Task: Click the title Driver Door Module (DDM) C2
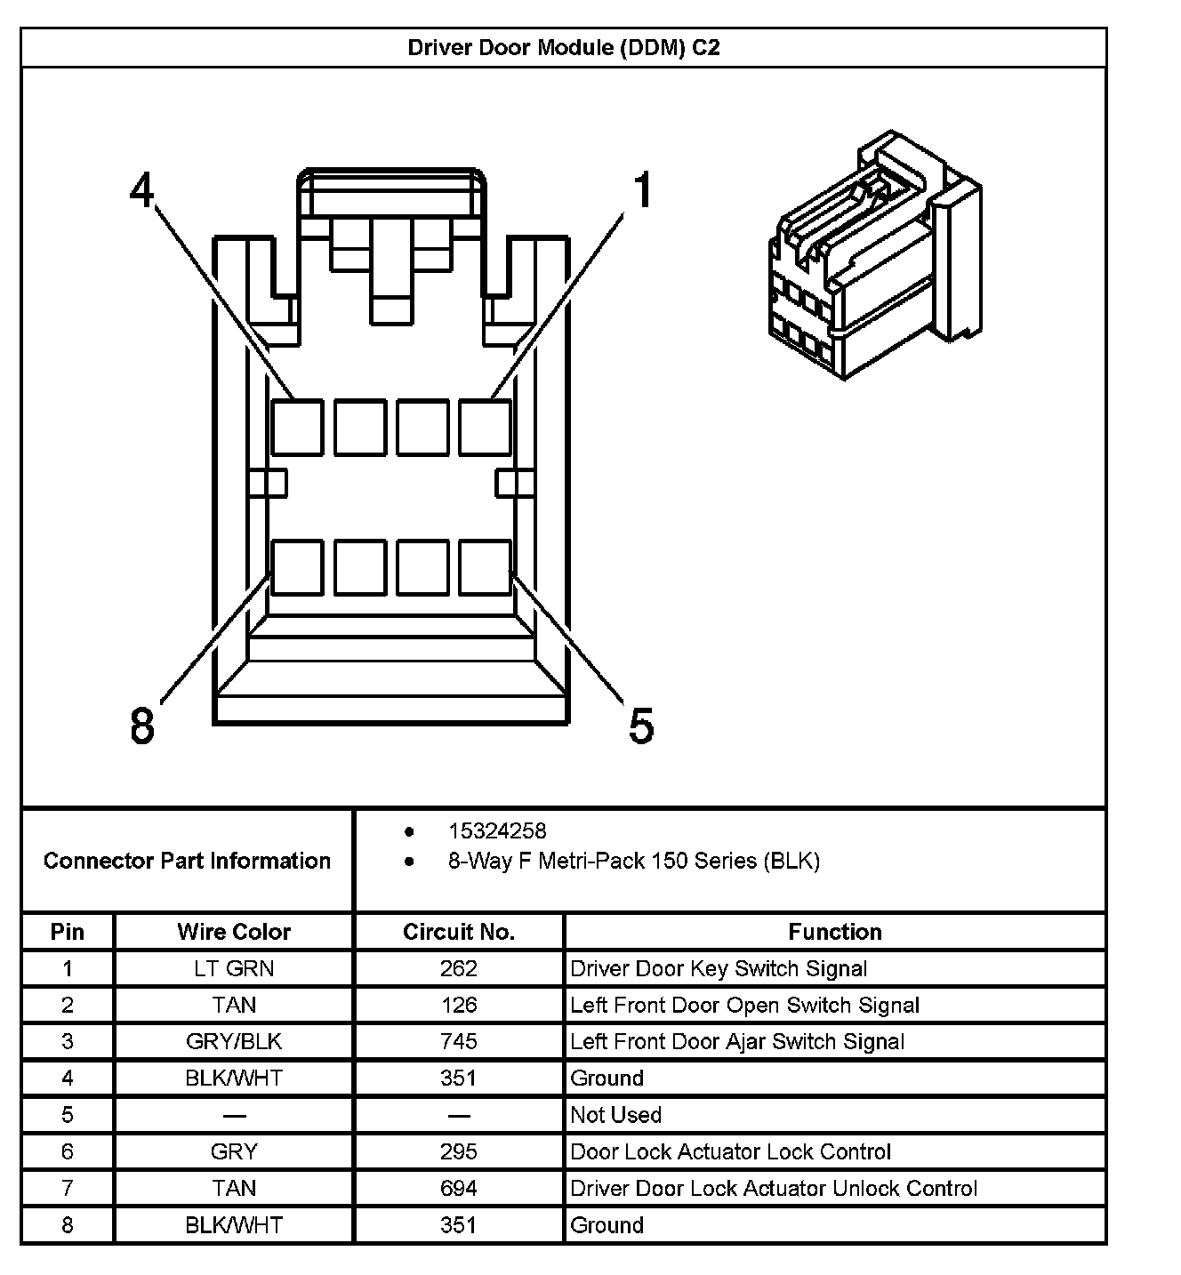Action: coord(563,47)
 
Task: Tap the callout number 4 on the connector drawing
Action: coord(142,189)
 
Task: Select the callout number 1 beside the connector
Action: coord(643,191)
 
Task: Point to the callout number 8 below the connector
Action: coord(142,725)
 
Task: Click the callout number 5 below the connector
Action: coord(641,725)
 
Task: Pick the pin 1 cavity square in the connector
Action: coord(486,428)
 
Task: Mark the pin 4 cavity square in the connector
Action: coord(297,428)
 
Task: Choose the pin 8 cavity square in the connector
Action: coord(297,567)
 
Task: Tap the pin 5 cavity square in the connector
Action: coord(486,567)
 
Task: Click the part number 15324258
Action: coord(497,831)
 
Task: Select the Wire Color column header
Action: coord(234,932)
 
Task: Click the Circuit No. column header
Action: coord(459,932)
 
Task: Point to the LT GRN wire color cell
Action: coord(234,968)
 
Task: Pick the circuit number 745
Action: coord(459,1041)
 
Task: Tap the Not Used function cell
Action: coord(616,1115)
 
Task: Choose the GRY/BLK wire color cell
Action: coord(234,1041)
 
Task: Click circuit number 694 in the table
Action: coord(459,1188)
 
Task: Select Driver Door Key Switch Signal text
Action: coord(719,968)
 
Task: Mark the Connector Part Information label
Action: coord(187,861)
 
